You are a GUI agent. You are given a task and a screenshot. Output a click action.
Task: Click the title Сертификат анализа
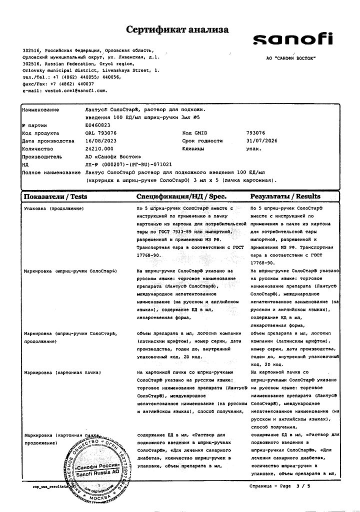tap(177, 29)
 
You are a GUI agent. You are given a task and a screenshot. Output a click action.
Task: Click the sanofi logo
tap(292, 39)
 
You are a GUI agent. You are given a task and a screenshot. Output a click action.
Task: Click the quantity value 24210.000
tap(99, 148)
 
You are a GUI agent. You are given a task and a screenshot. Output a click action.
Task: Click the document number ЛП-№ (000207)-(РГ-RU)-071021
tap(129, 164)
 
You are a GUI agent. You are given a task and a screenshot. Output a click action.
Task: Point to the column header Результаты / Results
tap(285, 196)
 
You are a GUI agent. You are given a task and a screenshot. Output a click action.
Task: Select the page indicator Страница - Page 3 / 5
tap(281, 485)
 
